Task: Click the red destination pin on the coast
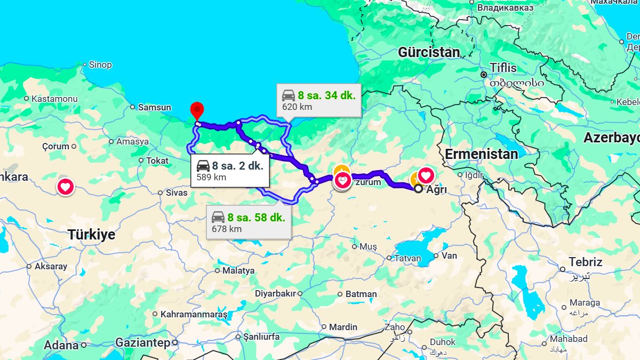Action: [197, 110]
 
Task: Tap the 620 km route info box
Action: [318, 100]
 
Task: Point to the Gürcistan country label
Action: [429, 52]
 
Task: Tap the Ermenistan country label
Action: [481, 154]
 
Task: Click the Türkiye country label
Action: [91, 235]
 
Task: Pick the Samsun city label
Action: [154, 107]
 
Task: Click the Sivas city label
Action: [176, 193]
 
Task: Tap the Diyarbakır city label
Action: [275, 293]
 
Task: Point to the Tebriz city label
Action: [585, 262]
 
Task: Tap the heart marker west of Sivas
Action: [66, 187]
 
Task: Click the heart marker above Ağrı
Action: [426, 175]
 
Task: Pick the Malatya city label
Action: [238, 270]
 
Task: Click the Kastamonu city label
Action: [54, 99]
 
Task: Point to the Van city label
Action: [449, 255]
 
